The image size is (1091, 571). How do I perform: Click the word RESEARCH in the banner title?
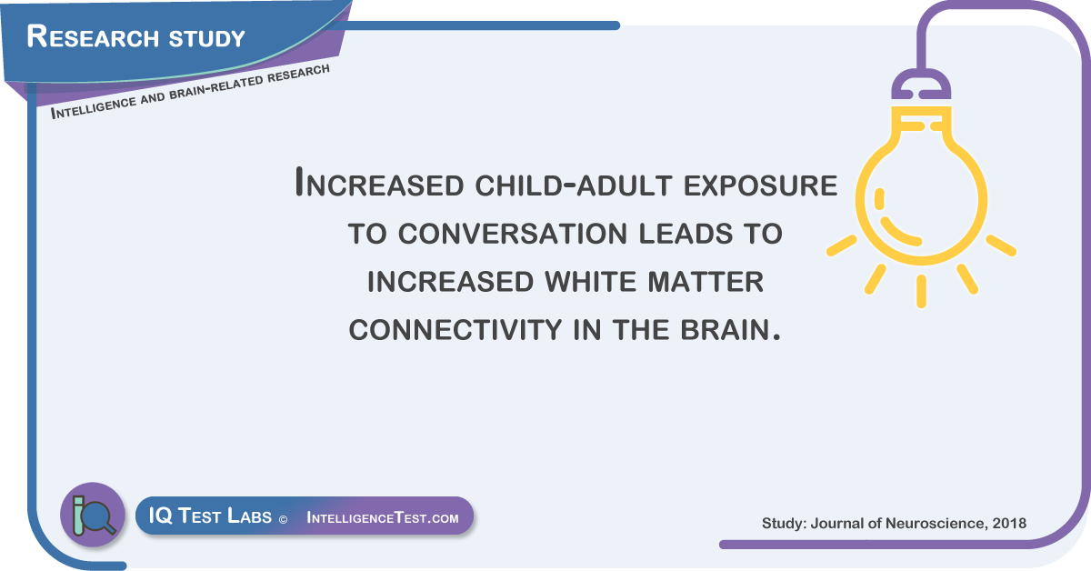point(93,36)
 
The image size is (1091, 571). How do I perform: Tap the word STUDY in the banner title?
point(206,38)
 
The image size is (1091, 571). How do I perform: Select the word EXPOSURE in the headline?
point(760,185)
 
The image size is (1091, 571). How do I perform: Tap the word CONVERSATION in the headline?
point(513,234)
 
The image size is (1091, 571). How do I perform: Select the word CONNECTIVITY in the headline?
point(455,330)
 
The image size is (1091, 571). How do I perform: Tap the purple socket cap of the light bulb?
point(921,85)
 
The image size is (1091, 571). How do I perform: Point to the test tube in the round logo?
point(78,515)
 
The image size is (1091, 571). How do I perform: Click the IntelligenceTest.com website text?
point(383,517)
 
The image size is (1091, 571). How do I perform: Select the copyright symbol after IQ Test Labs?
point(283,520)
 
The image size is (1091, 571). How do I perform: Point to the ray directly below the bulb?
point(921,291)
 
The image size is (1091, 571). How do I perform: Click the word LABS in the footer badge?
point(249,516)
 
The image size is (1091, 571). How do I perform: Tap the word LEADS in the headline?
point(686,234)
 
